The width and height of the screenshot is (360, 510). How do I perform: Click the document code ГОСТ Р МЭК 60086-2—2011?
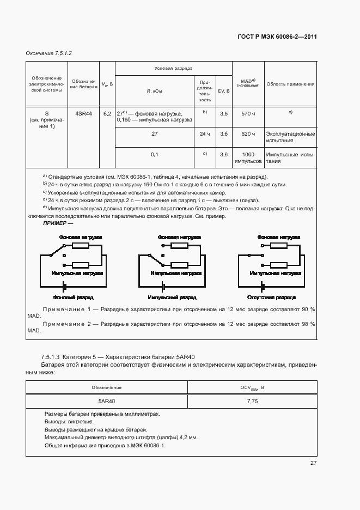[277, 37]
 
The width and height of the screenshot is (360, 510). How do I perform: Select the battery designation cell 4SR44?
[83, 113]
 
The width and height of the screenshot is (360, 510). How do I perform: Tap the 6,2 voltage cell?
[107, 113]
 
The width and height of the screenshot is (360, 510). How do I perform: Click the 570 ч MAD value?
[248, 113]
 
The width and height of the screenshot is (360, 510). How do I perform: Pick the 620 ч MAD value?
[248, 133]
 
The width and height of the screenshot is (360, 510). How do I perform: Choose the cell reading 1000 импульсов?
[248, 157]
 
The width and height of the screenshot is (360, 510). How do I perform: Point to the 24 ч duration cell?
[204, 133]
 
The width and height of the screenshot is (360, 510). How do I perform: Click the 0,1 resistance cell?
[154, 154]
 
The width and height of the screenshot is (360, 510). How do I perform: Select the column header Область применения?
[291, 84]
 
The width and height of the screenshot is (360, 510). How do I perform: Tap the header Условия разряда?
[173, 69]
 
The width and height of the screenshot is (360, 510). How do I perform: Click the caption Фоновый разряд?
[74, 297]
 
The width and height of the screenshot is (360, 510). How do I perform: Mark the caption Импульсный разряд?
[173, 297]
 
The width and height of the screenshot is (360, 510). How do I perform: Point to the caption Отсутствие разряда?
[271, 297]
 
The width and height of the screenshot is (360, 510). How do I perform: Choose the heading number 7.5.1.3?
[51, 356]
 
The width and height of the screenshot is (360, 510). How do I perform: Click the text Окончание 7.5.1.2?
[49, 53]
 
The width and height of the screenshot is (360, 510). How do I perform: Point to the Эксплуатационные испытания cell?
[290, 137]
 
